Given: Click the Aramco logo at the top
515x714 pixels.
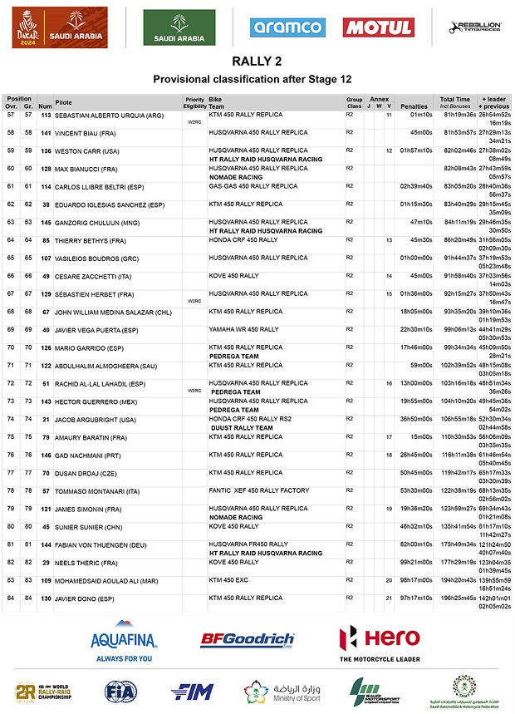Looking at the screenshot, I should tap(287, 27).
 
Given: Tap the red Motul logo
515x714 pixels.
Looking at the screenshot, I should tap(379, 27).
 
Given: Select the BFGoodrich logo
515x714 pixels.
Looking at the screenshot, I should tap(247, 640).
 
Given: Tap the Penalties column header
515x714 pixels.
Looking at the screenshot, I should tap(414, 106).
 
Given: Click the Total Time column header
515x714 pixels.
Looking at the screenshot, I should tap(455, 99).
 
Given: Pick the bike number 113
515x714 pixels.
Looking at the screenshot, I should tap(47, 115).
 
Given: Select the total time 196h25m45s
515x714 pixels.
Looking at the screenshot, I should tap(458, 598).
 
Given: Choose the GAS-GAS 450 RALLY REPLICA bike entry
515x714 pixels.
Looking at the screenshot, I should tap(253, 186).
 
